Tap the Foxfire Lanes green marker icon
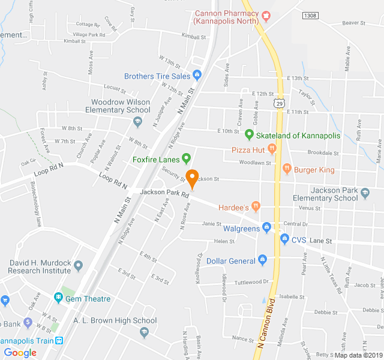[x=186, y=160]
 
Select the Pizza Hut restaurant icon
[x=272, y=148]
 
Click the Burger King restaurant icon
[x=287, y=169]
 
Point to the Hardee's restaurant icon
[x=256, y=207]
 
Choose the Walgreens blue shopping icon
[x=267, y=228]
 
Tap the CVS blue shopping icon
[x=284, y=240]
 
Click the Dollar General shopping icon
[x=262, y=260]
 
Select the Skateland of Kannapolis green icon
[x=249, y=135]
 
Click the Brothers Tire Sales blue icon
[x=197, y=76]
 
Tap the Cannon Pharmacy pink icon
[x=266, y=14]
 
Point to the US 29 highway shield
[x=280, y=104]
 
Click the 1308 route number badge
[x=310, y=16]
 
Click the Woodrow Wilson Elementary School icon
[x=137, y=122]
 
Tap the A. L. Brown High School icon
[x=144, y=332]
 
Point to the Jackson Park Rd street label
[x=165, y=193]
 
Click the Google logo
[x=20, y=353]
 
